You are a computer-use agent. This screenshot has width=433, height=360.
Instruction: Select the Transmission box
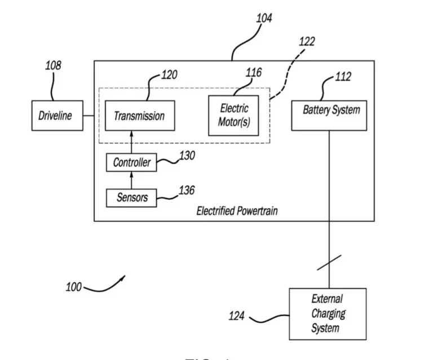tap(139, 116)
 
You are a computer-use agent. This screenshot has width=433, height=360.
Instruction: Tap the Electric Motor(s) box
tap(233, 116)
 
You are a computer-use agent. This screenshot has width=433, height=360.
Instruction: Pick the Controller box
tap(131, 163)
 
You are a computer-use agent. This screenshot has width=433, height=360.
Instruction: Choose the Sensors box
tap(131, 197)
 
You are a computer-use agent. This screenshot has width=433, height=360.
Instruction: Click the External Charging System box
tap(327, 314)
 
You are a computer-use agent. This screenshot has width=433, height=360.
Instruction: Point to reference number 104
tap(264, 18)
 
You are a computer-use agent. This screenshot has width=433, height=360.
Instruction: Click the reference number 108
tap(53, 65)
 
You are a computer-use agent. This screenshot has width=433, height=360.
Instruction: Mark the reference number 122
tap(307, 41)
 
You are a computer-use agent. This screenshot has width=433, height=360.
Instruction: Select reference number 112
tap(343, 77)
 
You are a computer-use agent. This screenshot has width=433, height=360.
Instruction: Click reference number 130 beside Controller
tap(187, 155)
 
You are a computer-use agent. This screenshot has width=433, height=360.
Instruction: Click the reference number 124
tap(236, 316)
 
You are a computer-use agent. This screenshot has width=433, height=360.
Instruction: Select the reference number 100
tap(73, 287)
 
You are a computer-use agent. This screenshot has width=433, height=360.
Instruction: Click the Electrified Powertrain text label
tap(237, 211)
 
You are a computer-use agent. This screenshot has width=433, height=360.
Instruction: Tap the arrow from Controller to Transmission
tap(131, 142)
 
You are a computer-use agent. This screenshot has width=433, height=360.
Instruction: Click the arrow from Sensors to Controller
tap(131, 180)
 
